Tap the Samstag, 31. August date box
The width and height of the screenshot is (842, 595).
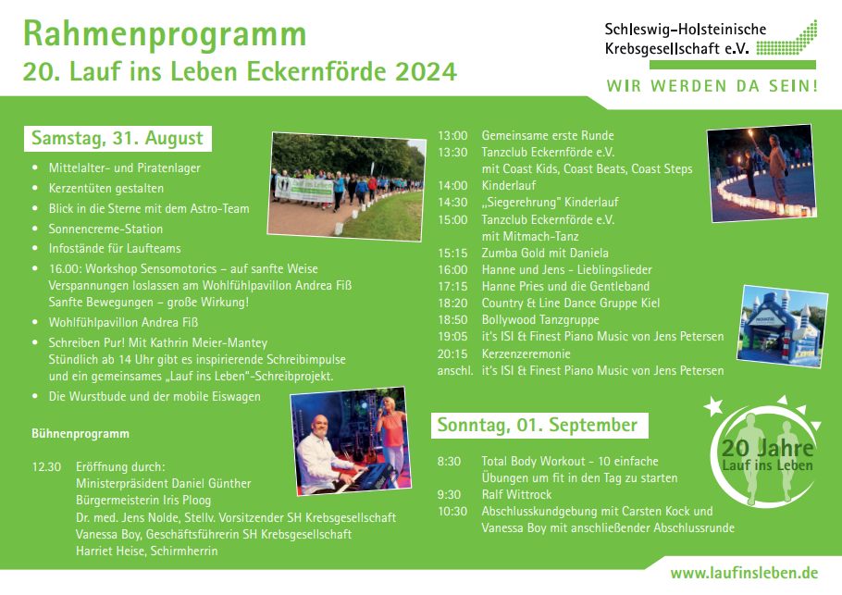coord(118,139)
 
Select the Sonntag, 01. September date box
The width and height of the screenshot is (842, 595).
coord(539,426)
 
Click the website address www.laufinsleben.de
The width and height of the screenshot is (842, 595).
coord(744,573)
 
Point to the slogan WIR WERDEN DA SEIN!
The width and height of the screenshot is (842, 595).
coord(712,86)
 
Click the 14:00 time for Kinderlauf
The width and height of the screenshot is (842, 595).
coord(452,186)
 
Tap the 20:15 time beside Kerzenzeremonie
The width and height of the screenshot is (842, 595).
coord(452,354)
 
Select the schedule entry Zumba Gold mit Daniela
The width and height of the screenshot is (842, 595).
coord(545,253)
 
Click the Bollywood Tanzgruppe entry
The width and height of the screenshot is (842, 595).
coord(540,320)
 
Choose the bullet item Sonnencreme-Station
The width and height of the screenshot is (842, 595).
coord(105,229)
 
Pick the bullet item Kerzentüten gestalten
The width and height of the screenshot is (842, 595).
coord(106,189)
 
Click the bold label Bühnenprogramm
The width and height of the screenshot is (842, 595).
coord(80,434)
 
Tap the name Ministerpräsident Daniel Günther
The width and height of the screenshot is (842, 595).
coord(163,484)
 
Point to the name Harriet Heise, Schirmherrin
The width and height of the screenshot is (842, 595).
coord(146,551)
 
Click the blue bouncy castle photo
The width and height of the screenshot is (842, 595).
coord(783,327)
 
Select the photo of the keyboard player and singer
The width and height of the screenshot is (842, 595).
coord(351,440)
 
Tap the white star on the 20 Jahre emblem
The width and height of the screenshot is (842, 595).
coord(713,406)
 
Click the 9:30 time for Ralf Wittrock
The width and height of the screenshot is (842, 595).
coord(449,494)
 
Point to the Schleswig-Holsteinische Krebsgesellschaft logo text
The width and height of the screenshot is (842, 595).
coord(686,39)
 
